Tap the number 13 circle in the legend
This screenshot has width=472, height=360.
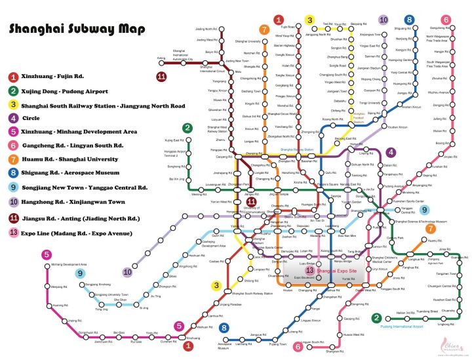tap(13, 233)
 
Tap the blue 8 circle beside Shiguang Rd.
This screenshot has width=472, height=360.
tap(410, 20)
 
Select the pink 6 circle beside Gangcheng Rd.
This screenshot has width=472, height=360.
tap(446, 20)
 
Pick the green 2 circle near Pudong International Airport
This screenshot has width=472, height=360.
tap(377, 319)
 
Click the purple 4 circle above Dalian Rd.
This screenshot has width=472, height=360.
tap(391, 152)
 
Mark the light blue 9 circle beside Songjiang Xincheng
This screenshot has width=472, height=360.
tap(80, 273)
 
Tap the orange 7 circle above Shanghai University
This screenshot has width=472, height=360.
tap(264, 30)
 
